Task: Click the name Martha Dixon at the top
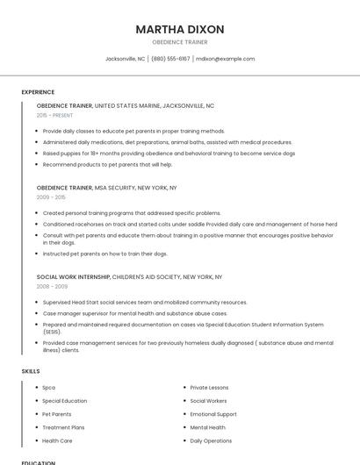coord(180,29)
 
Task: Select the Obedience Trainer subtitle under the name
coord(180,43)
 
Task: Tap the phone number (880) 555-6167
coord(170,59)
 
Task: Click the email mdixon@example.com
coord(226,59)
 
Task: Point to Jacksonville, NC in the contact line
coord(125,59)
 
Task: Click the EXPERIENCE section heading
coord(38,92)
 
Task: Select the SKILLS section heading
coord(31,371)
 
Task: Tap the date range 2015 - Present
coord(55,115)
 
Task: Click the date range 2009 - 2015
coord(51,197)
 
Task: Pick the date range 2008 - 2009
coord(52,286)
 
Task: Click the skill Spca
coord(48,387)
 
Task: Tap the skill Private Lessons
coord(209,387)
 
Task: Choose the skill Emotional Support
coord(213,414)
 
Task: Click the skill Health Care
coord(57,440)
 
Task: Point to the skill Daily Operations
coord(211,440)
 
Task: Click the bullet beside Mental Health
coord(184,427)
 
